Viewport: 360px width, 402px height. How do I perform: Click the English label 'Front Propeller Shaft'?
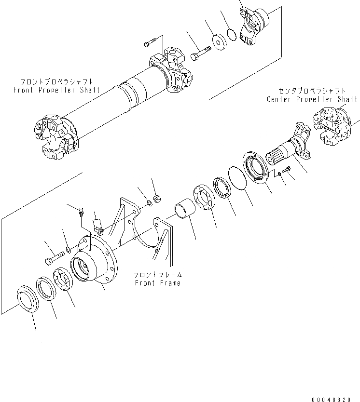point(57,90)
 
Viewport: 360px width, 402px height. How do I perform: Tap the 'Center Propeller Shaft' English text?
point(312,99)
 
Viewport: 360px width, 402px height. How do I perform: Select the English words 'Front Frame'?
point(158,283)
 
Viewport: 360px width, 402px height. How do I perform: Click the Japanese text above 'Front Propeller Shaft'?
point(56,82)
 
